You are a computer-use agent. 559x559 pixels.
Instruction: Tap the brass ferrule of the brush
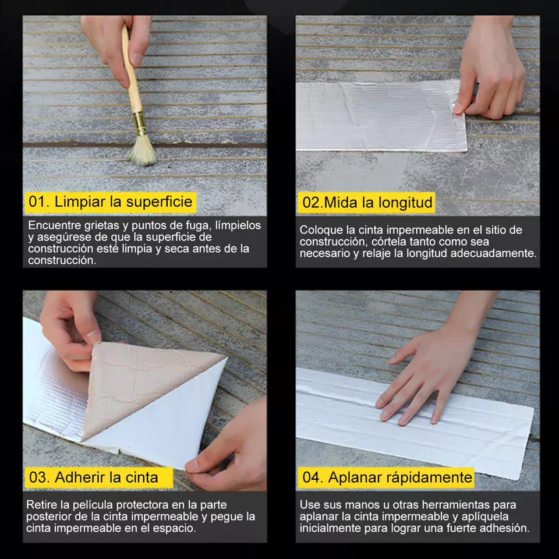click(139, 122)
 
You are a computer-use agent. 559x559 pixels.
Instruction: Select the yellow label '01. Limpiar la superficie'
click(111, 202)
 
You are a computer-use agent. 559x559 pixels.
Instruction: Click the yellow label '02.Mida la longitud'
click(367, 203)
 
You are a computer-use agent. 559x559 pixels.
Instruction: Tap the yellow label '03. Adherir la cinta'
click(98, 477)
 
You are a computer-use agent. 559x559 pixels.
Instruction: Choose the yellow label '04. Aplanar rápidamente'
click(385, 477)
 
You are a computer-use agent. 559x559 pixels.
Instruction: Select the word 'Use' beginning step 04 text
click(310, 505)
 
